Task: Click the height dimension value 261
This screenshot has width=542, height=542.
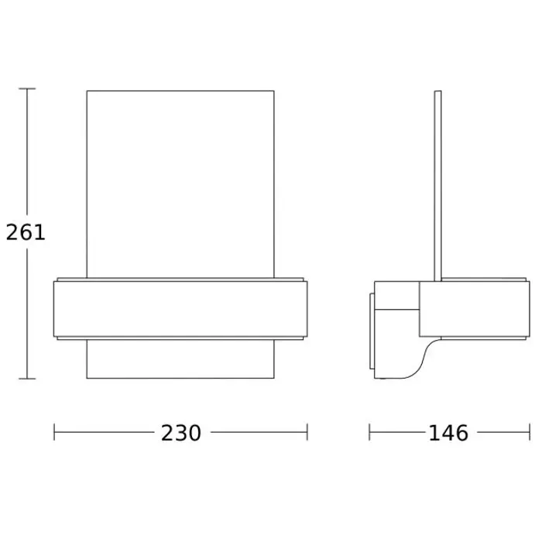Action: (x=26, y=232)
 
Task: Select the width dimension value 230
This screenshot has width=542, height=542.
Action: (x=180, y=433)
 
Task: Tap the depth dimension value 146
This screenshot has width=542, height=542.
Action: (x=448, y=433)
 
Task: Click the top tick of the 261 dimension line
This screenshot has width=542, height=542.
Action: (x=27, y=89)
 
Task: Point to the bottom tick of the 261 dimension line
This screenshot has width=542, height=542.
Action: (x=27, y=379)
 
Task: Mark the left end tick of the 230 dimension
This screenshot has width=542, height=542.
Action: (x=54, y=432)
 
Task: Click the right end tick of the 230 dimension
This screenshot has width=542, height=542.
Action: (x=307, y=432)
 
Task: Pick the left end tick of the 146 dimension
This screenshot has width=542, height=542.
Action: (x=369, y=432)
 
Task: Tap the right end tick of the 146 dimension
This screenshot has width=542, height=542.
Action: (x=530, y=432)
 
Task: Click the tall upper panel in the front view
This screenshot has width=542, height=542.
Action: (x=180, y=184)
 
